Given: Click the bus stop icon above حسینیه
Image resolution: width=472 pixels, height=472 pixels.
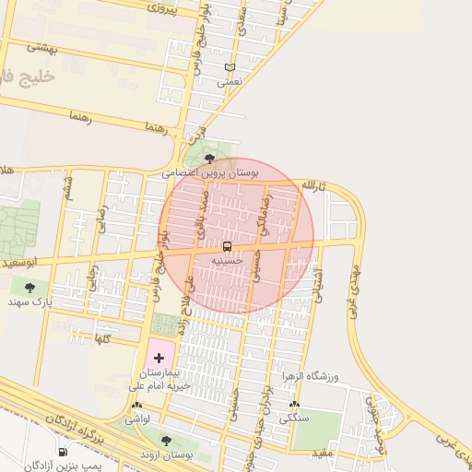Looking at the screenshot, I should pyautogui.click(x=227, y=246).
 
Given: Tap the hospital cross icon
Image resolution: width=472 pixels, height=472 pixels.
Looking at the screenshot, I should pyautogui.click(x=159, y=356).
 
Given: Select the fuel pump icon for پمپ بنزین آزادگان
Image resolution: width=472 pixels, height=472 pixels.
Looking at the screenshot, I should pyautogui.click(x=63, y=452).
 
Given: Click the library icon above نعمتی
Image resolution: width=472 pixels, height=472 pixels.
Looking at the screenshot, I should pyautogui.click(x=230, y=68).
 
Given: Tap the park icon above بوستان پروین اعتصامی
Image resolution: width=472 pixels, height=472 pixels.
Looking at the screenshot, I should pyautogui.click(x=211, y=159).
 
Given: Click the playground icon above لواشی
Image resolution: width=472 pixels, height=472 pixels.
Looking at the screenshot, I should pyautogui.click(x=137, y=406).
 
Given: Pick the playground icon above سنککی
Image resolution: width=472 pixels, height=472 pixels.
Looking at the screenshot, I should pyautogui.click(x=294, y=405).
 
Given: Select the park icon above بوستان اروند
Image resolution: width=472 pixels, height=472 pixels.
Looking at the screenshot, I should pyautogui.click(x=166, y=441).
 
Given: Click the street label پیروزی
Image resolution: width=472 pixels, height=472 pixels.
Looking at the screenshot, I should pyautogui.click(x=167, y=8).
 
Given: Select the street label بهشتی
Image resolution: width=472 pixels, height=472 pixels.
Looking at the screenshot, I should pyautogui.click(x=42, y=46).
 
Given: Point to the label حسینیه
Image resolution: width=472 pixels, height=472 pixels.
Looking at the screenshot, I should pyautogui.click(x=227, y=261).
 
